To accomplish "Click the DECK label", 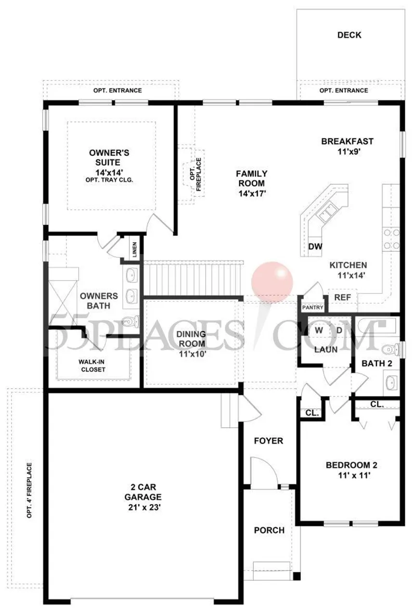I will (349, 35).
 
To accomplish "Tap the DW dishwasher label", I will (315, 247).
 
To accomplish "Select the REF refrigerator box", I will (342, 297).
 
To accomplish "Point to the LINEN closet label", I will (135, 250).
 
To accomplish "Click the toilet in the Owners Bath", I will (129, 321).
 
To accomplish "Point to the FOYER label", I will (269, 441).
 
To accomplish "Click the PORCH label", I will (269, 530).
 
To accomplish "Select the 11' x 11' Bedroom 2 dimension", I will (351, 474).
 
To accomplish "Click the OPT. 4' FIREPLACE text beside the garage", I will (29, 491).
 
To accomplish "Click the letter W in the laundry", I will (318, 330).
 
